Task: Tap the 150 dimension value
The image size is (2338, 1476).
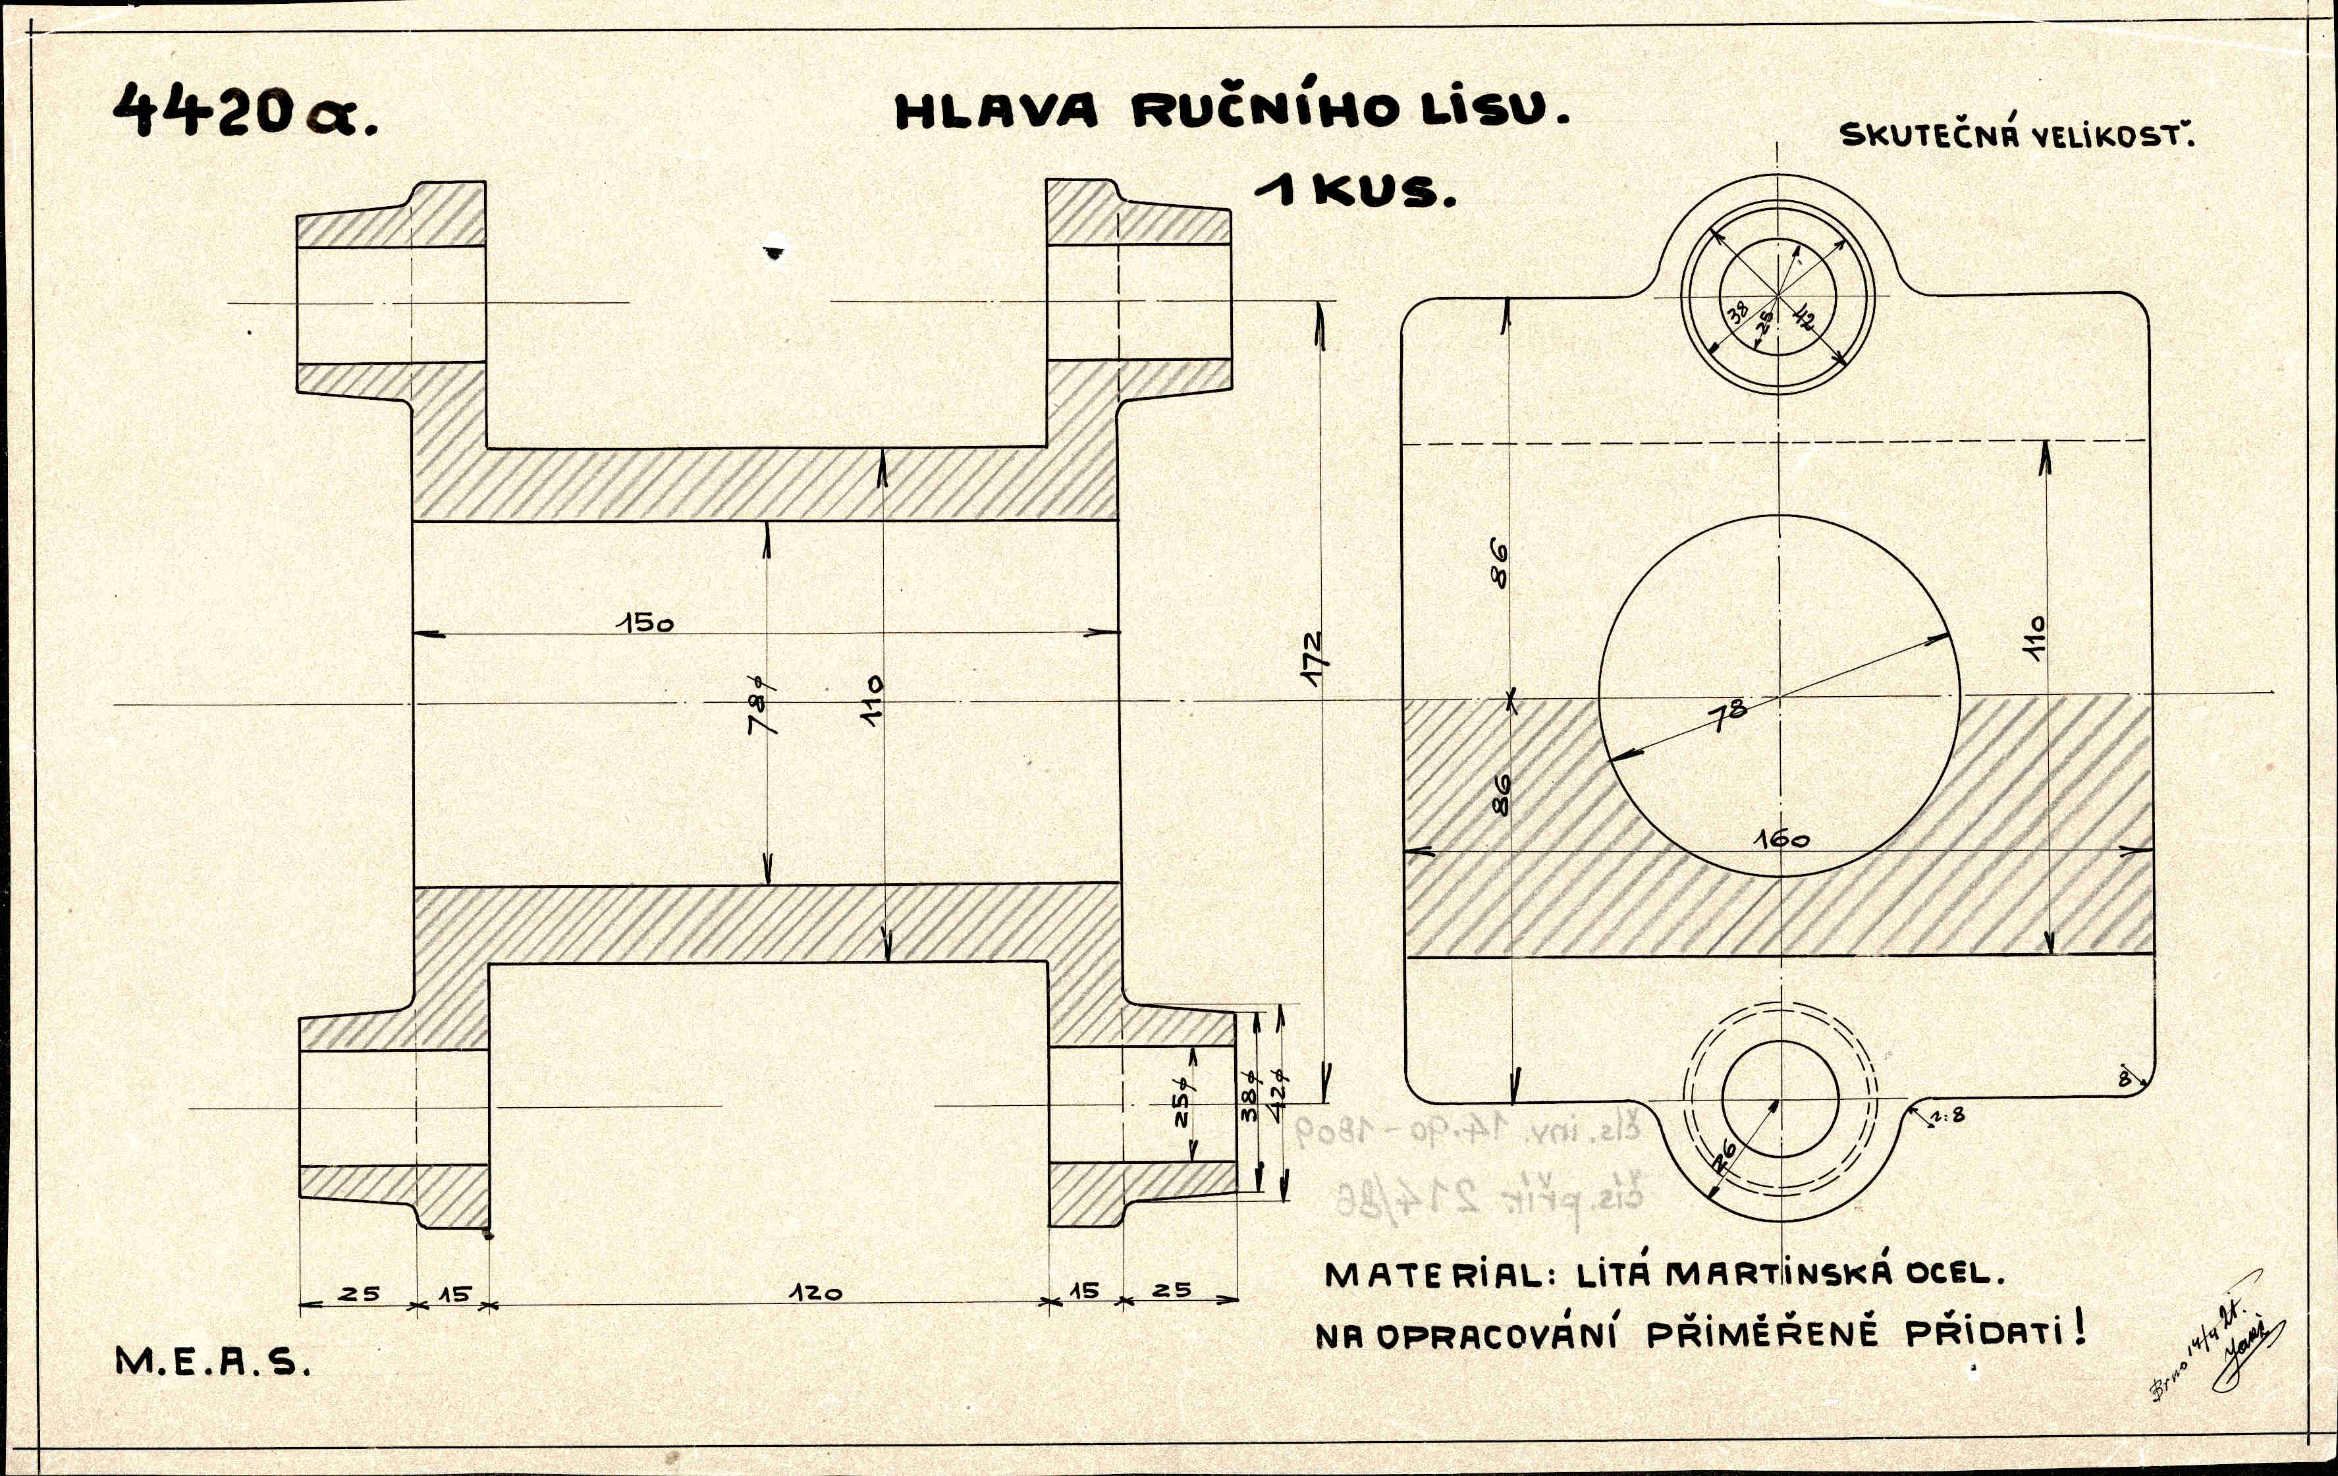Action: click(649, 622)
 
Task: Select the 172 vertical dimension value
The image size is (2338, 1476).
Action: click(1313, 661)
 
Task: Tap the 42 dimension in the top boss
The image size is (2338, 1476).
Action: click(1804, 315)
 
